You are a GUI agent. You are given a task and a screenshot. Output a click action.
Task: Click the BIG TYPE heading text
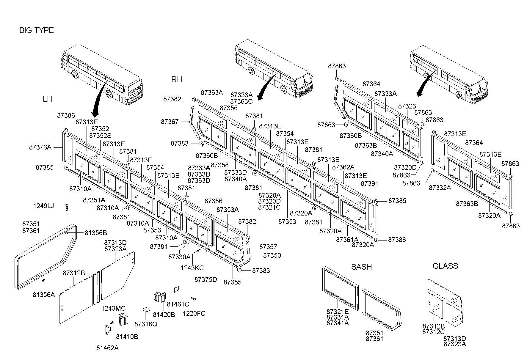(x=37, y=30)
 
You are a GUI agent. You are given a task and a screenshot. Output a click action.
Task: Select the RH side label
(x=177, y=79)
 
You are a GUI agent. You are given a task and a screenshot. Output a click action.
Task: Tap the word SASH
(x=362, y=267)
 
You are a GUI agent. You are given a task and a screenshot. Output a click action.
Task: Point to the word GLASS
(x=445, y=266)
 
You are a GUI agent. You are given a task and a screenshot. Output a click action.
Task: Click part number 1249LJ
(x=43, y=206)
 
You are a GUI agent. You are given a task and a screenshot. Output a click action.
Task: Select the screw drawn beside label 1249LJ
(x=67, y=207)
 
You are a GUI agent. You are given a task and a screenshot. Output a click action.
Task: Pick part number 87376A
(x=40, y=147)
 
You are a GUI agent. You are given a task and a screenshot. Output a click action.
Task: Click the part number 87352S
(x=100, y=136)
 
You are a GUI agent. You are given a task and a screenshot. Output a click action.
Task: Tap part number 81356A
(x=44, y=295)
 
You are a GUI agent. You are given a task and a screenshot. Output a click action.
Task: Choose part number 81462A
(x=107, y=348)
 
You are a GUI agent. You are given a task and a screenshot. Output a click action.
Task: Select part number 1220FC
(x=194, y=313)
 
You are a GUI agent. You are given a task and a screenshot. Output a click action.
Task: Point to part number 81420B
(x=164, y=314)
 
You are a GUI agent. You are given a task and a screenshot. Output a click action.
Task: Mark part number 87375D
(x=206, y=279)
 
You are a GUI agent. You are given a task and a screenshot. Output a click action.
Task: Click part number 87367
(x=170, y=122)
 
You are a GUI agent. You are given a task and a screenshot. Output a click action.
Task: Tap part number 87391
(x=369, y=183)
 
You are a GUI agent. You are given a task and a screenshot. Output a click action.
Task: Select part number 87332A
(x=440, y=188)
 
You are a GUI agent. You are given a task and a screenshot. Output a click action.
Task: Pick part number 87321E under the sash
(x=338, y=311)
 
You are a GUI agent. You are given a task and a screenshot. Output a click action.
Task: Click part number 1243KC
(x=192, y=268)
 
